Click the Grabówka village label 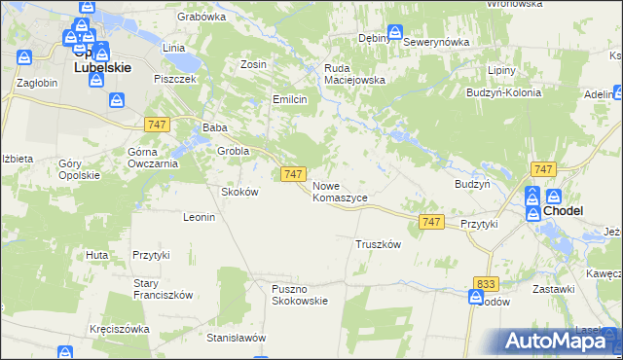[x=202, y=17]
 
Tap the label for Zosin [x=253, y=64]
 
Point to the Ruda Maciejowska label [x=354, y=74]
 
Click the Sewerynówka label [x=436, y=43]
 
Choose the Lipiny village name [x=501, y=72]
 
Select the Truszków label [x=379, y=244]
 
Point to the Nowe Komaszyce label [x=340, y=191]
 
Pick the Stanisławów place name [x=237, y=339]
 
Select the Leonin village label [x=199, y=217]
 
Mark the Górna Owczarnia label [x=153, y=158]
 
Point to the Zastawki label [x=554, y=290]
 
